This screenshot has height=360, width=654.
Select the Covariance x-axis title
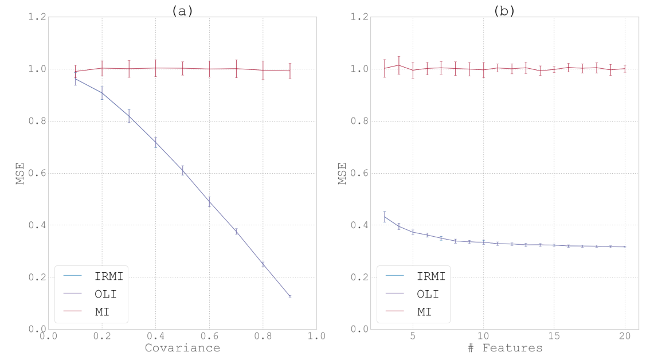182,348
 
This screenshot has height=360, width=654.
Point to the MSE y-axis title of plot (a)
19,173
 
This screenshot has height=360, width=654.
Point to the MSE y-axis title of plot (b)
342,173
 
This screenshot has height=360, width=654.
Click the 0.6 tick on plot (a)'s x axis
209,336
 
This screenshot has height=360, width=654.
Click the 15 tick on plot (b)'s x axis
554,336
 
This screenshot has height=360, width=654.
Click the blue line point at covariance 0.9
289,296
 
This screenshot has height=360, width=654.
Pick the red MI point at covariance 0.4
155,68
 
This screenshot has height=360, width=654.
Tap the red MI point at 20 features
624,69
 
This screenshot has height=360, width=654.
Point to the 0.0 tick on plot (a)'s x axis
48,336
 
